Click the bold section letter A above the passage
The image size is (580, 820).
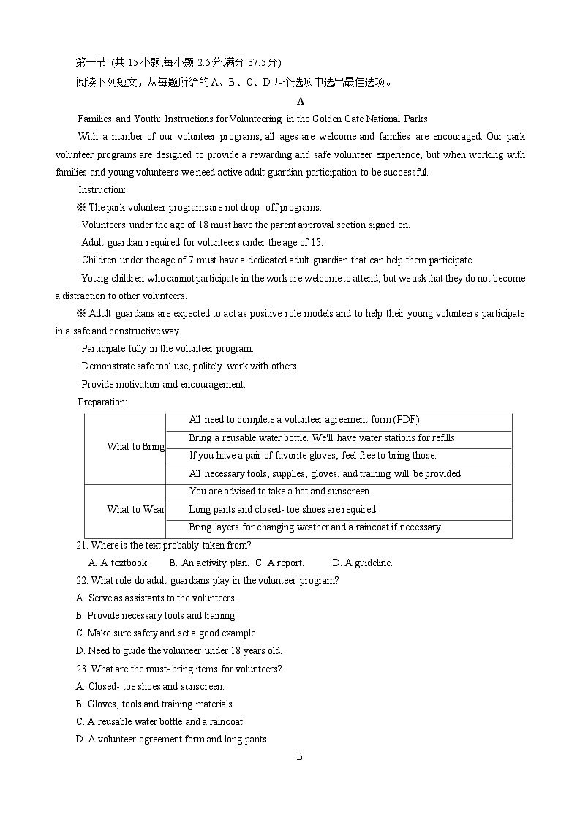[301, 101]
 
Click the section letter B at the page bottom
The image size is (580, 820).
[299, 757]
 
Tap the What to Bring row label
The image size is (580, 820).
[135, 447]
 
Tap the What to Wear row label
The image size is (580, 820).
[135, 510]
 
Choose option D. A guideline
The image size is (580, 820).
[362, 563]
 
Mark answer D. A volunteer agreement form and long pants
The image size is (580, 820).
[172, 740]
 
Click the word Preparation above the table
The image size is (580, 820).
[102, 402]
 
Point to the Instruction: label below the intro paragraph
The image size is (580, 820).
[102, 190]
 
